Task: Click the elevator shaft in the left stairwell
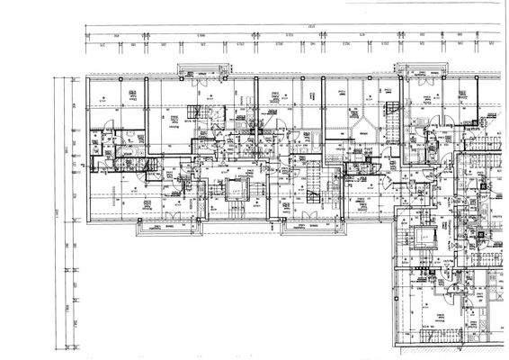point(236,191)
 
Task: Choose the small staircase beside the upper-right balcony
point(392,113)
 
